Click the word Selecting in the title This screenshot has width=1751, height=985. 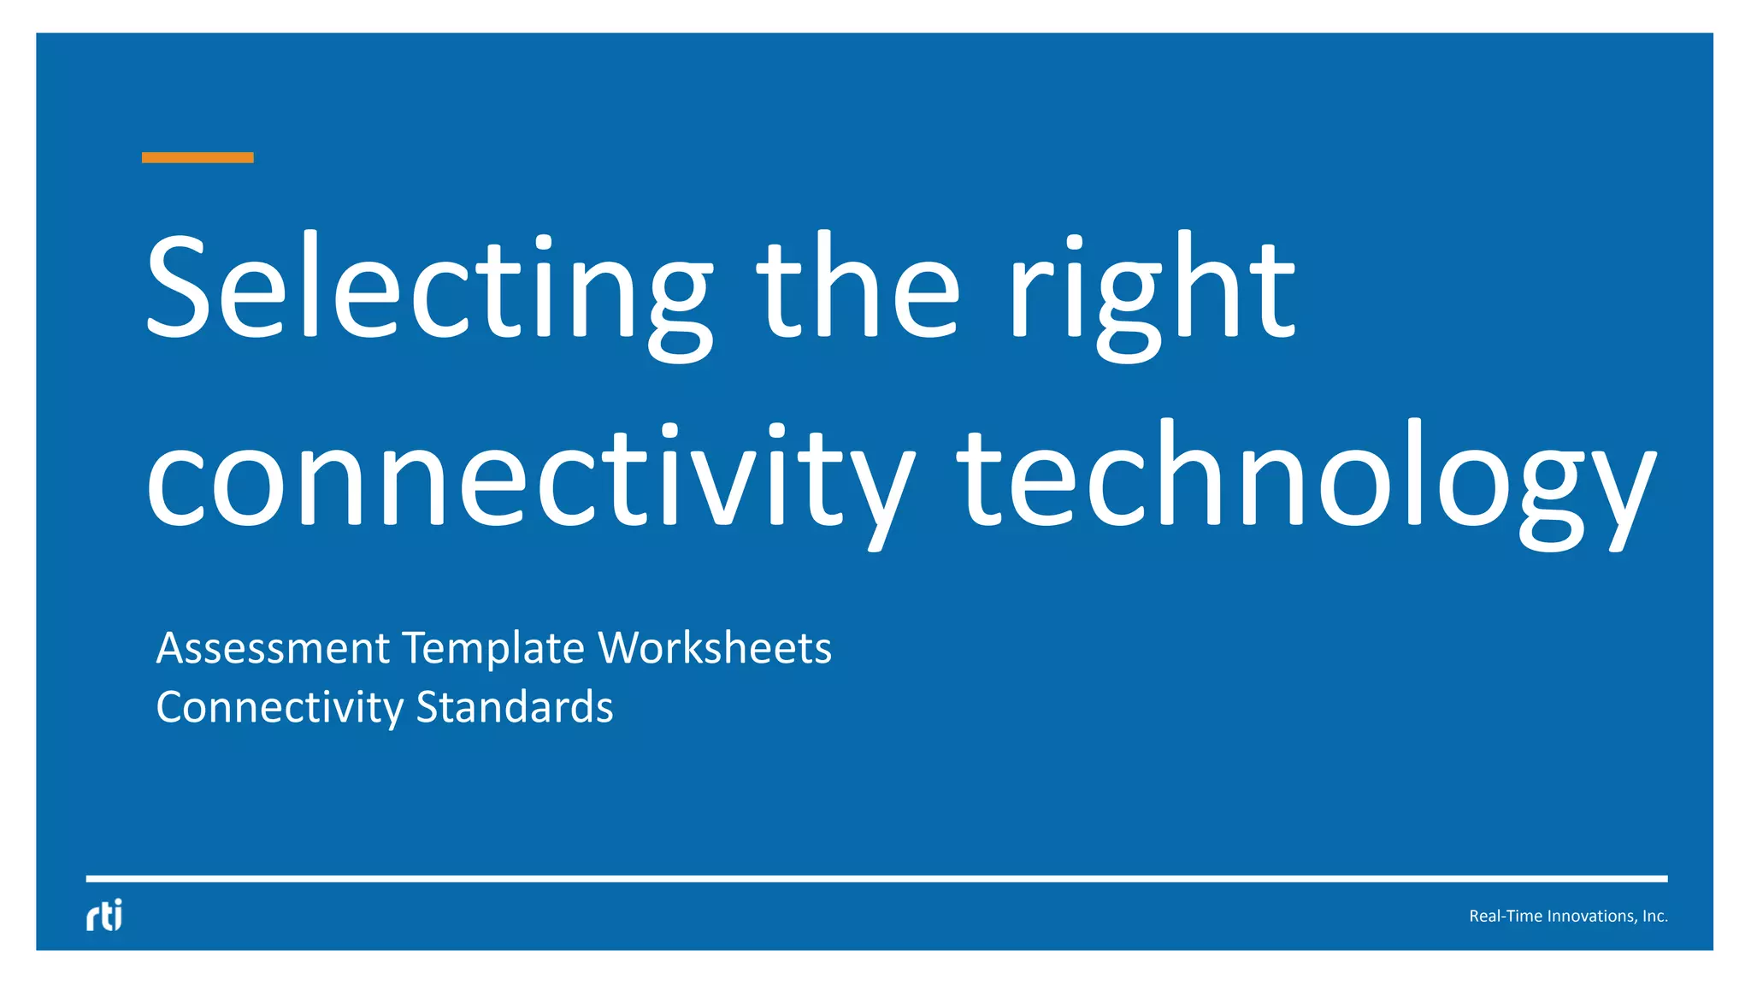427,291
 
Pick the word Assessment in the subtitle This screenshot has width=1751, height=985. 273,648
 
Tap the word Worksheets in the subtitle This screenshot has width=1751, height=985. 715,648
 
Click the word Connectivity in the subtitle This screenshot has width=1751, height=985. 280,708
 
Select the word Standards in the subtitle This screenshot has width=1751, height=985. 515,707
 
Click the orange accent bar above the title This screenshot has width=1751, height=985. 198,157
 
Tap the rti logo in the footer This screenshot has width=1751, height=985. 104,915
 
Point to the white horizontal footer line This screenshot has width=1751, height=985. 876,878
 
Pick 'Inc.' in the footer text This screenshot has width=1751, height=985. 1655,916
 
